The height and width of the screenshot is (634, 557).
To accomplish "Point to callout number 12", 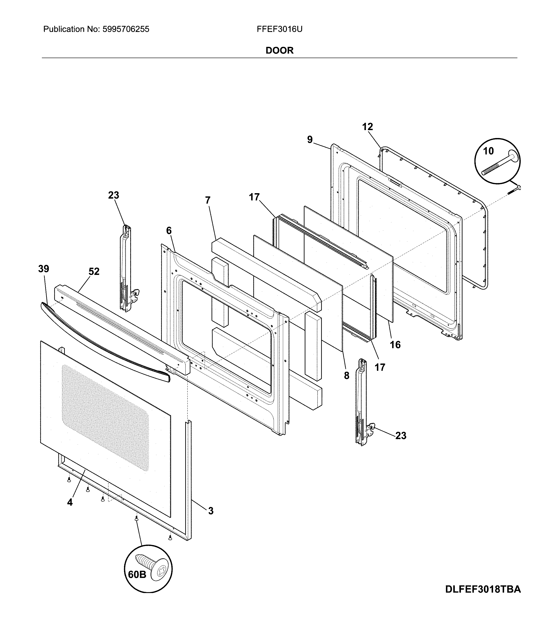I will [367, 127].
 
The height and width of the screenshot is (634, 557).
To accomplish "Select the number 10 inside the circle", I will [488, 151].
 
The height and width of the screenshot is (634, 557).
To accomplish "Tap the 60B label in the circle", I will [137, 574].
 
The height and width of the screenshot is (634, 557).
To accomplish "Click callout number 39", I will [43, 269].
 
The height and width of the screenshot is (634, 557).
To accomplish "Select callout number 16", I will [395, 345].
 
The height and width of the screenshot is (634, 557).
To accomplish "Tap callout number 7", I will [207, 200].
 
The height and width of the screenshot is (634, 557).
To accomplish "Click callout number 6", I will [169, 231].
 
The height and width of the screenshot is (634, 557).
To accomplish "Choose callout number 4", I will [70, 502].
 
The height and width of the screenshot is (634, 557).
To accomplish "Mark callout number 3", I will [211, 511].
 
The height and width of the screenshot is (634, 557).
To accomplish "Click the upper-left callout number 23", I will [113, 195].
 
